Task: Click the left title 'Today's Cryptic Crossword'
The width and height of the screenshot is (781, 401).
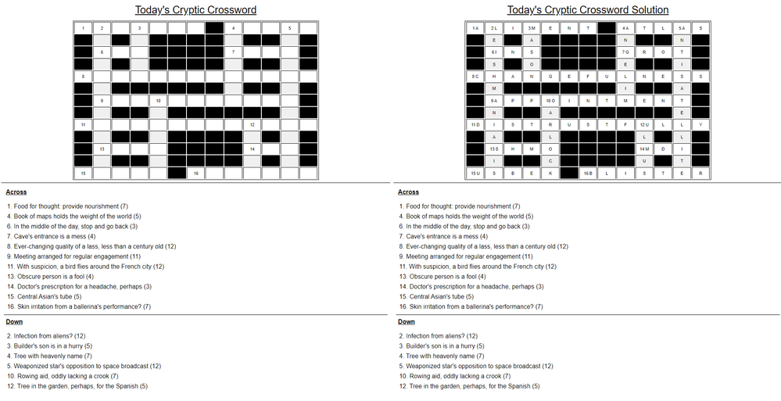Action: [x=195, y=10]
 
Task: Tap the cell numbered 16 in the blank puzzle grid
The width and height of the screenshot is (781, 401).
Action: [x=196, y=173]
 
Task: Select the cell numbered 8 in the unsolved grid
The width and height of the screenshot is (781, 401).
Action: [x=83, y=76]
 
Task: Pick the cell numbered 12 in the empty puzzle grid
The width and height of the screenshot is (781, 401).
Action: [x=253, y=124]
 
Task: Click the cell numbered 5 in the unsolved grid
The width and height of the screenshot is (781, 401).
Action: [x=290, y=28]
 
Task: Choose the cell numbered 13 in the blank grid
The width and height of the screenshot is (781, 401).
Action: [x=102, y=149]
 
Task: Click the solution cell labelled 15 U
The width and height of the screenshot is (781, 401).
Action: [x=475, y=173]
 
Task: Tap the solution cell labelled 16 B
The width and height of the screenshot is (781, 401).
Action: [x=588, y=173]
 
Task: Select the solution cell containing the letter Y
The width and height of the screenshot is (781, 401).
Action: [x=700, y=124]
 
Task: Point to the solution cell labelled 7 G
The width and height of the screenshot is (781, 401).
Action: [x=625, y=52]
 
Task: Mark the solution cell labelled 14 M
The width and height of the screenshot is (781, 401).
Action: [x=644, y=149]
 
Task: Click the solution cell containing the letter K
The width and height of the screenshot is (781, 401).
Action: [x=550, y=173]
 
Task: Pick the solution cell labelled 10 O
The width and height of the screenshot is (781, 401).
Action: [x=550, y=100]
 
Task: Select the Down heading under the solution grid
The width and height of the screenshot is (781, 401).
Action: [x=407, y=321]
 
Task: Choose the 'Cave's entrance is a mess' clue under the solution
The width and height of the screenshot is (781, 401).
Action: [x=442, y=236]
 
